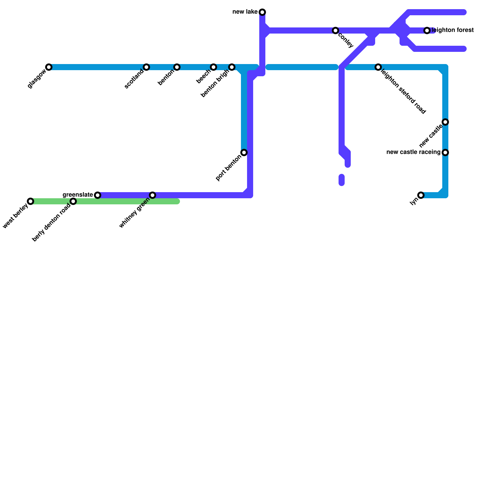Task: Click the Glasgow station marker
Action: coord(49,67)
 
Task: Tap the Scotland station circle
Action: coord(146,67)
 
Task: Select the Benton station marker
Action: coord(177,67)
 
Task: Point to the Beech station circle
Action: coord(213,67)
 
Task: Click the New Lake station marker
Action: coord(262,12)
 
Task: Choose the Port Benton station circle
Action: coord(244,152)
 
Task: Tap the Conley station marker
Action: coord(335,30)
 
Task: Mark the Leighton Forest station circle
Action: coord(427,30)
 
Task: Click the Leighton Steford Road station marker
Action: coord(378,67)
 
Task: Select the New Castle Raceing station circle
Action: coord(445,152)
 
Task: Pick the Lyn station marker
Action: coord(421,195)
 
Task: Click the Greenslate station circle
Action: coord(98,195)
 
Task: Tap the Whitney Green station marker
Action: coord(152,195)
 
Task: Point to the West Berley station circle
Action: coord(30,201)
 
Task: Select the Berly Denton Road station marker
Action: coord(73,201)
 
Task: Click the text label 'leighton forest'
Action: coord(453,30)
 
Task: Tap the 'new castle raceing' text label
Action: coord(413,152)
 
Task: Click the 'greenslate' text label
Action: coord(78,195)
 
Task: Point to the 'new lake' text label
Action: coord(245,12)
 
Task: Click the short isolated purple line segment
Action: coord(342,180)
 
